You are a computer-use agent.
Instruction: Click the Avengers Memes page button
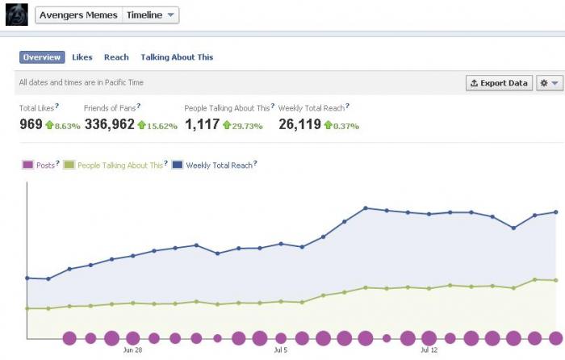pos(78,15)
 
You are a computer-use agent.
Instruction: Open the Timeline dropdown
pos(151,15)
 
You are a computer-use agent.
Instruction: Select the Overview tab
pos(42,57)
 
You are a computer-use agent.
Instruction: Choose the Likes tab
pos(82,57)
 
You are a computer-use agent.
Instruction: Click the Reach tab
pos(116,57)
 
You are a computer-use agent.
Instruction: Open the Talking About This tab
pos(177,57)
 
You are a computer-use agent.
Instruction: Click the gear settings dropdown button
pos(550,83)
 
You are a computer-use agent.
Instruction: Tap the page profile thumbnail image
pos(17,15)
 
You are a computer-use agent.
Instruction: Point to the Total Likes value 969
pos(31,124)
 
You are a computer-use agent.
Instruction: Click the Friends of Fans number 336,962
pos(110,124)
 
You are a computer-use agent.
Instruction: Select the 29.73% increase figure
pos(247,126)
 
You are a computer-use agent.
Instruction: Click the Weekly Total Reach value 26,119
pos(299,124)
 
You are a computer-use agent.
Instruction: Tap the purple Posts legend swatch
pos(27,165)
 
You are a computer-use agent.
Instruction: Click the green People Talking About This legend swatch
pos(69,165)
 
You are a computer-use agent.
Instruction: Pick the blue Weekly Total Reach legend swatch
pos(178,165)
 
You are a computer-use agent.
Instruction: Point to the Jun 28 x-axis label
pos(132,350)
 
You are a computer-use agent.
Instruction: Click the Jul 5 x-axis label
pos(281,350)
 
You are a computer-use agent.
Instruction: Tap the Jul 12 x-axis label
pos(429,350)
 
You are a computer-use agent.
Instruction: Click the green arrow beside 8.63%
pos(49,125)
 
